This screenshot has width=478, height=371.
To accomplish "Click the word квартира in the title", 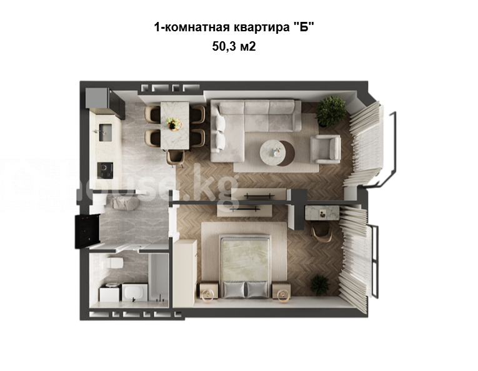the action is click(x=262, y=28).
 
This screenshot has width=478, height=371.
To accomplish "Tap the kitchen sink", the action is click(x=106, y=132).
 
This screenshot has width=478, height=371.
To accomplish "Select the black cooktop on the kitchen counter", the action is click(x=105, y=170).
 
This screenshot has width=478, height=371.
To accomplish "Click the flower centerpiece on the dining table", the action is click(x=174, y=124).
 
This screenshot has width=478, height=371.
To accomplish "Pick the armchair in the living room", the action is click(x=326, y=149).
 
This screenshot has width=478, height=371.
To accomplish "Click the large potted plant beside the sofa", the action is click(x=331, y=111).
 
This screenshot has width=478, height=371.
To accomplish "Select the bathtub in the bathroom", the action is click(x=158, y=277).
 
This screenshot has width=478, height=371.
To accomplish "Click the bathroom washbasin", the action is click(x=135, y=293).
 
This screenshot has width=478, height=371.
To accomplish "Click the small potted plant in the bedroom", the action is click(x=320, y=285).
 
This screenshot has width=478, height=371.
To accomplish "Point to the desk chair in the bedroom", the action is click(x=322, y=231).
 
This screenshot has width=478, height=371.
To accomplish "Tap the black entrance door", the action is click(x=87, y=231).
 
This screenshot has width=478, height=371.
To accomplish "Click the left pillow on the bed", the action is click(x=234, y=290).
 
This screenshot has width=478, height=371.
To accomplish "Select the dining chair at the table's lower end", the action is click(x=176, y=158).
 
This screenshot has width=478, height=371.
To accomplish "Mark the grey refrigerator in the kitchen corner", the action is click(x=97, y=98).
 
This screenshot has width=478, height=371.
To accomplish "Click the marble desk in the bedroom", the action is click(x=322, y=213).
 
